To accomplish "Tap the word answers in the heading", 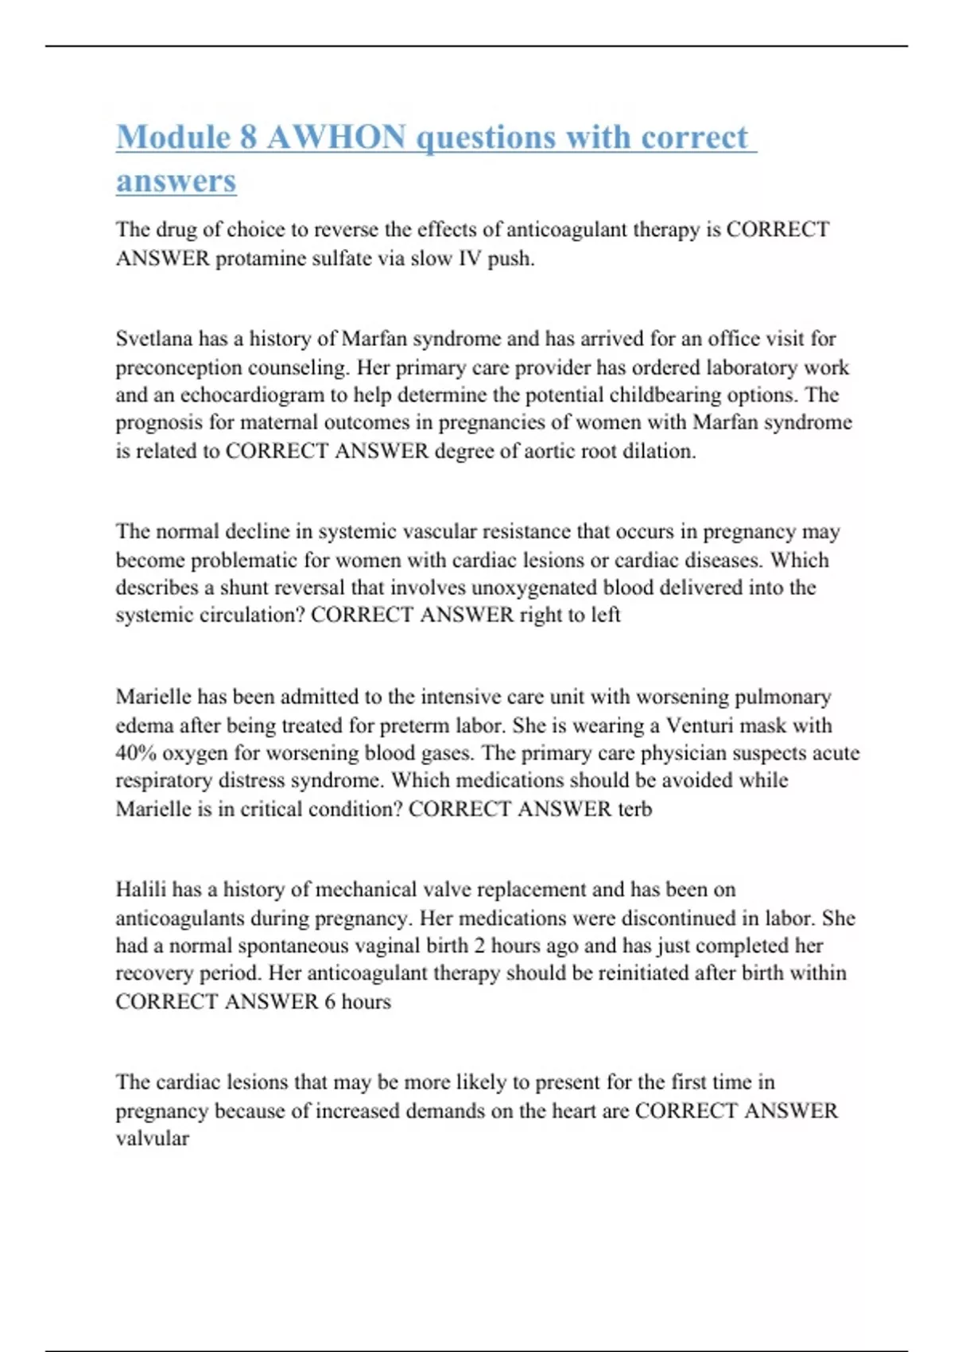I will [176, 181].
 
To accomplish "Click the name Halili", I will [141, 889].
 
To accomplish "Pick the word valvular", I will [152, 1139].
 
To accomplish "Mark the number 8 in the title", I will [247, 138].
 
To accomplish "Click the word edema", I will [145, 725].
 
